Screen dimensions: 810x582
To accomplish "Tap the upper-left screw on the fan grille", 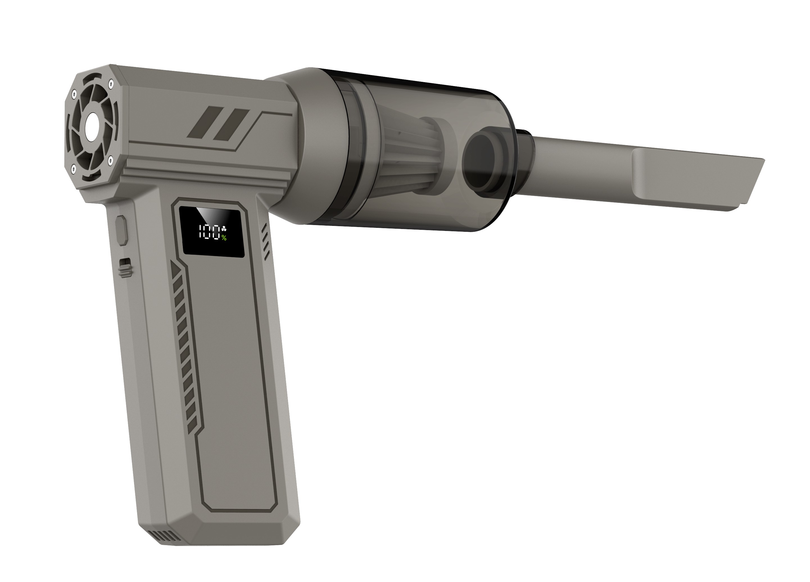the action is tap(74, 95).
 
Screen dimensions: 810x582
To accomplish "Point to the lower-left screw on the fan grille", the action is tap(74, 166).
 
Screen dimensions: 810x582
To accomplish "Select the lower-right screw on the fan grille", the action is tap(110, 158).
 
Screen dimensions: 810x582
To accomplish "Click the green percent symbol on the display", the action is tap(224, 238).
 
